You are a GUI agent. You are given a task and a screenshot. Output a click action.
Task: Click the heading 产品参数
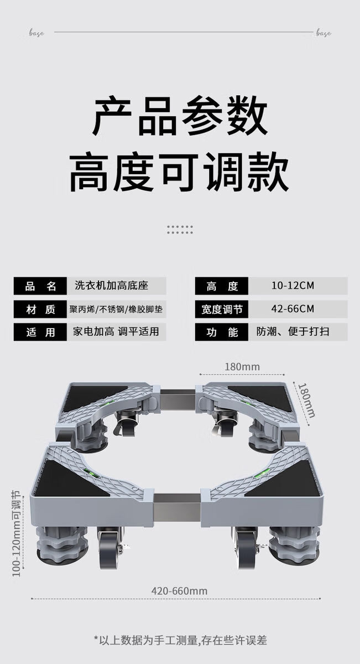(180, 116)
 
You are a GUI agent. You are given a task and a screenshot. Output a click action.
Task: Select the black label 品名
(41, 286)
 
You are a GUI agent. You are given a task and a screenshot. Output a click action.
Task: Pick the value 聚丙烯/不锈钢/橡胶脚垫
(116, 309)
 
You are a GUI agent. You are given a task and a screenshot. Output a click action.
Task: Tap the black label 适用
(41, 333)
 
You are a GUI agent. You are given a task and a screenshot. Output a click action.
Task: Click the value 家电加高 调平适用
(116, 332)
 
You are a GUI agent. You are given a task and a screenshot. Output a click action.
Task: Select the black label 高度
(222, 286)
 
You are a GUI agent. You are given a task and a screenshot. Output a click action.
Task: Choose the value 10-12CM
(293, 286)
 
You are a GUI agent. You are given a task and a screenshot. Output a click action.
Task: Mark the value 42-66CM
(293, 309)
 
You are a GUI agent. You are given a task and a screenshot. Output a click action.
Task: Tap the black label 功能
(222, 333)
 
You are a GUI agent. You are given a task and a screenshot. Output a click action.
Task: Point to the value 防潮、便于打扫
(293, 332)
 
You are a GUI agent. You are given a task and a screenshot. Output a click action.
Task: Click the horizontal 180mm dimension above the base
(242, 366)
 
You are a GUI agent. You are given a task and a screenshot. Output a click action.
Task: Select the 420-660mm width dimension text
(179, 591)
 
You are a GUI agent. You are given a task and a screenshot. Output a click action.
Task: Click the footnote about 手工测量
(180, 640)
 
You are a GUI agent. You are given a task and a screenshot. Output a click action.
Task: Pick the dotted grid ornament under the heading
(180, 229)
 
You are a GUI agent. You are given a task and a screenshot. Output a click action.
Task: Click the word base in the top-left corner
(36, 33)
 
